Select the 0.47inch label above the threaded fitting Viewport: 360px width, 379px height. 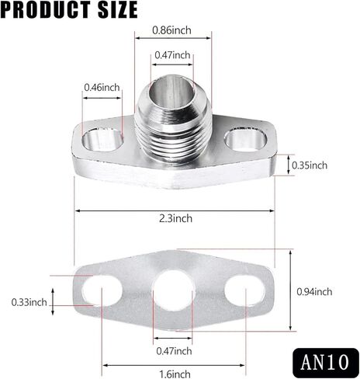(x=172, y=55)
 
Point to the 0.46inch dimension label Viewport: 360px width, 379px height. (x=102, y=88)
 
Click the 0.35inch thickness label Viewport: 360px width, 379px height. (x=310, y=165)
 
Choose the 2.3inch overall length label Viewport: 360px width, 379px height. (x=173, y=218)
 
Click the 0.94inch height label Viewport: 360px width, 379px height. (x=314, y=292)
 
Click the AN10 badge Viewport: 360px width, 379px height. (x=326, y=361)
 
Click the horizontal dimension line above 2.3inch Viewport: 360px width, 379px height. (x=173, y=210)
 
